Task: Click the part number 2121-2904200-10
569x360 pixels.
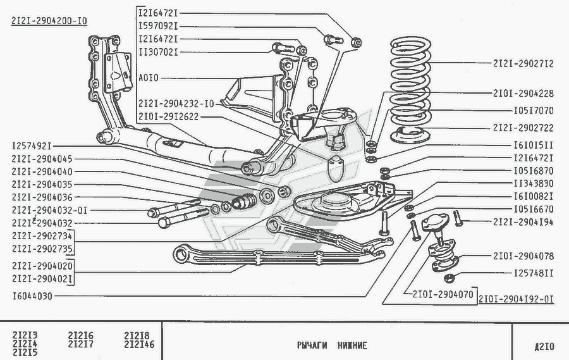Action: (x=49, y=21)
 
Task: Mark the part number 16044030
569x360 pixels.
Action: (x=32, y=295)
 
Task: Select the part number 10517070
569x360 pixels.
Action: (x=533, y=109)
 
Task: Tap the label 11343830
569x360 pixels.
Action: (x=533, y=184)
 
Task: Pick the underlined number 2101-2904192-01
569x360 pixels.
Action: (x=516, y=300)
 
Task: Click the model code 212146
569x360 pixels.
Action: (x=141, y=345)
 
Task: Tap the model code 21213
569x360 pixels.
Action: (x=25, y=335)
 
